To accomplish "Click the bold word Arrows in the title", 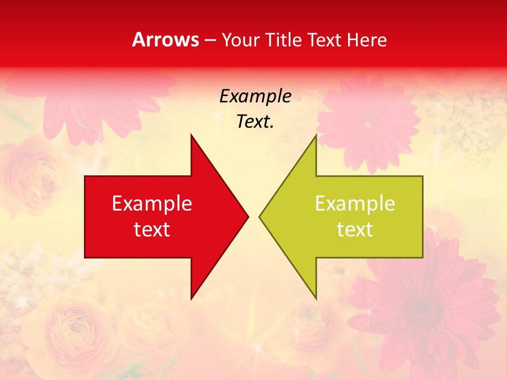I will (x=166, y=40).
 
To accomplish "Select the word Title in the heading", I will (x=283, y=40).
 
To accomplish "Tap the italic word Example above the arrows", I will (x=256, y=97).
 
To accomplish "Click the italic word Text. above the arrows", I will (x=256, y=122).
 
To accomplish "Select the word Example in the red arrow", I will (x=152, y=204).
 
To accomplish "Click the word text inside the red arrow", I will (x=152, y=230).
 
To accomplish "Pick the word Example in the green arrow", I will (x=355, y=204).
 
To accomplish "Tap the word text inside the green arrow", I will (x=355, y=230).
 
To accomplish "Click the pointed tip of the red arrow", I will (x=248, y=216).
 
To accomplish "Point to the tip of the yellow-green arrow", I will (x=260, y=216).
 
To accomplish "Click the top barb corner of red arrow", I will (x=191, y=136).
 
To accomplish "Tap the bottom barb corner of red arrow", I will (x=191, y=298).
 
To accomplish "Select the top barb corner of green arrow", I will (x=316, y=136).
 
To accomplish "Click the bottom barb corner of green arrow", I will (x=316, y=298).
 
